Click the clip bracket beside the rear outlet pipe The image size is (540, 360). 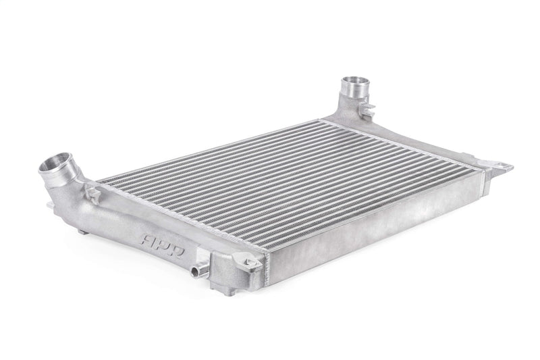tap(367, 108)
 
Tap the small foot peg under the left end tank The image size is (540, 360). tap(82, 231)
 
